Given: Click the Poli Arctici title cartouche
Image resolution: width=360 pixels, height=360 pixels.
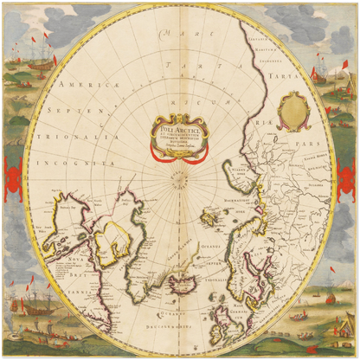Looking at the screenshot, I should tap(180, 136).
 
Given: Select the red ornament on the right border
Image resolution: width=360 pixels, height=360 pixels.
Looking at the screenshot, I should tap(349, 176).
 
